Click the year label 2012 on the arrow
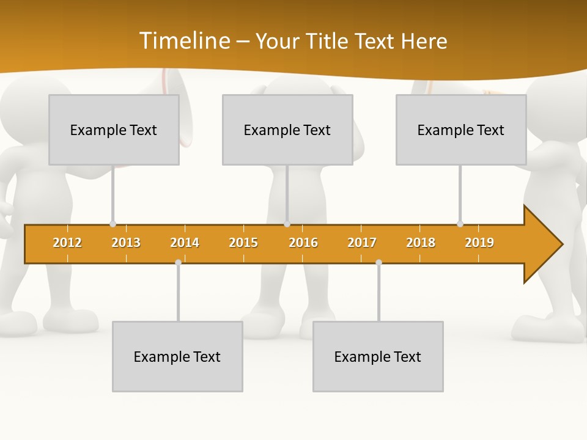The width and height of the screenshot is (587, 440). pyautogui.click(x=67, y=243)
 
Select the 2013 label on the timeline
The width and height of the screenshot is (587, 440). pyautogui.click(x=126, y=243)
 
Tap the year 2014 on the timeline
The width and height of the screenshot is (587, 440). pyautogui.click(x=185, y=243)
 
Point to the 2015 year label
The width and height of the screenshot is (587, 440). pyautogui.click(x=243, y=243)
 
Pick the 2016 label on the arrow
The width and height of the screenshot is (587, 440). pyautogui.click(x=303, y=243)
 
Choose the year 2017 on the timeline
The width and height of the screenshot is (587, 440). pyautogui.click(x=362, y=243)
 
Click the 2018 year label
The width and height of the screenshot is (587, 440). pyautogui.click(x=421, y=243)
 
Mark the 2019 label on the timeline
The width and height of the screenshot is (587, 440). pyautogui.click(x=479, y=243)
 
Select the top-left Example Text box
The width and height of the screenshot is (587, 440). pyautogui.click(x=114, y=130)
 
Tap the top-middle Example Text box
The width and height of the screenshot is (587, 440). pyautogui.click(x=287, y=130)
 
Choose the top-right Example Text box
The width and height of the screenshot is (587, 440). pyautogui.click(x=461, y=130)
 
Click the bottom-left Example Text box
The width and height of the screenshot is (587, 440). pyautogui.click(x=177, y=356)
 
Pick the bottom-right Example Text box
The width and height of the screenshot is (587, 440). pyautogui.click(x=378, y=356)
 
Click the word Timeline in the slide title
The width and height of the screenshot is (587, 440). pyautogui.click(x=184, y=41)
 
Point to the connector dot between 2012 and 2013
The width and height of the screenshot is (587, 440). pyautogui.click(x=113, y=224)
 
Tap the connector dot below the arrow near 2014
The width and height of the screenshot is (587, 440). pyautogui.click(x=178, y=262)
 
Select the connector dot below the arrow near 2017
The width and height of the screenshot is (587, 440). pyautogui.click(x=378, y=262)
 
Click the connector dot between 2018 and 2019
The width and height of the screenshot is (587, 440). pyautogui.click(x=460, y=224)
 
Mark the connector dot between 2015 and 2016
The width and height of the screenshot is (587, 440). pyautogui.click(x=287, y=224)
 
